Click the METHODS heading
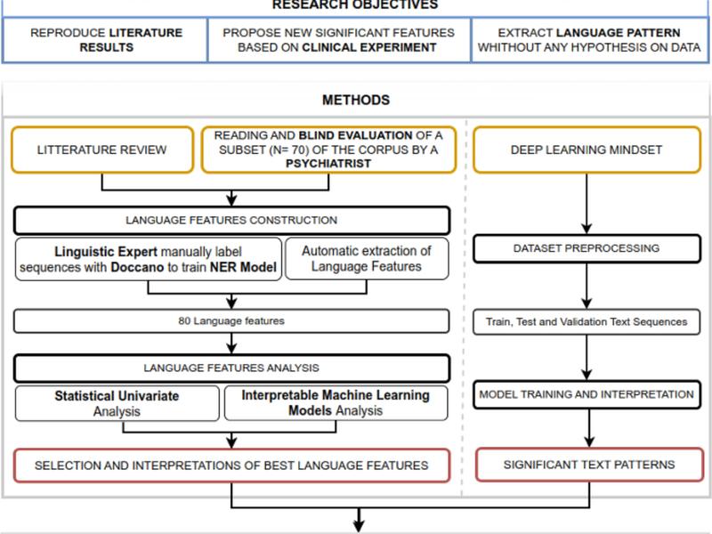[x=356, y=100]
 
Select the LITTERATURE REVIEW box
[x=102, y=150]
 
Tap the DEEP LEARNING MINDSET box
[x=587, y=150]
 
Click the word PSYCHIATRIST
[x=328, y=164]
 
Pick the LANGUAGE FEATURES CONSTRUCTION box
[x=231, y=220]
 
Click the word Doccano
[x=137, y=267]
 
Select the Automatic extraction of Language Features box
[x=367, y=258]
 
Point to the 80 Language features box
[x=231, y=321]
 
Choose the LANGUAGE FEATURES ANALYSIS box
[x=231, y=368]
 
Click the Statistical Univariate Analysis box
[x=117, y=403]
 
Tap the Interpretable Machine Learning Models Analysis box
[x=336, y=403]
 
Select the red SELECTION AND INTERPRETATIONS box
[x=231, y=465]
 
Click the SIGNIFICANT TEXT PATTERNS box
[x=589, y=465]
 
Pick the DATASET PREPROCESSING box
[x=587, y=248]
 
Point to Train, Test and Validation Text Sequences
[x=587, y=322]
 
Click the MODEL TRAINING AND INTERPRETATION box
[x=587, y=394]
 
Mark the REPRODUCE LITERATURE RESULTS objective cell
[x=105, y=40]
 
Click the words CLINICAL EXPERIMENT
[x=369, y=48]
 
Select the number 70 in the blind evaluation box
[x=299, y=150]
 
